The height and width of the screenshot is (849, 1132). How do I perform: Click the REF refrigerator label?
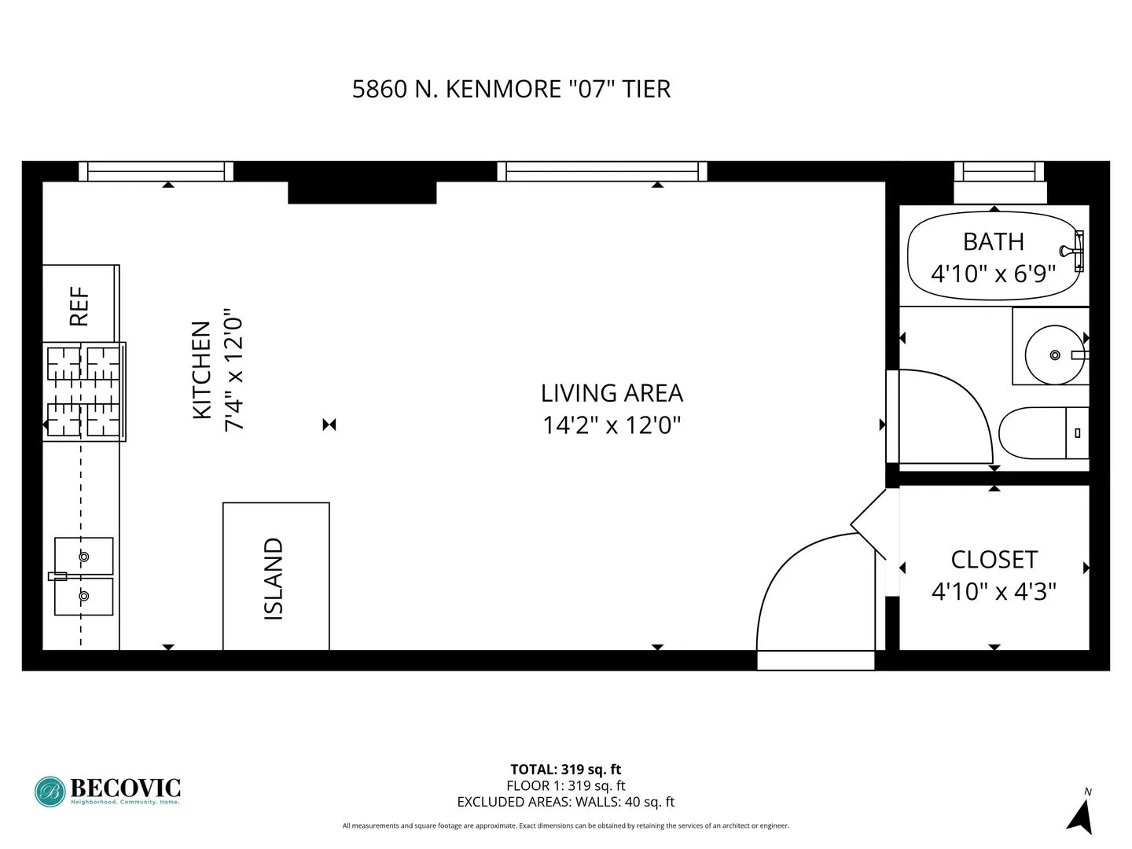79,306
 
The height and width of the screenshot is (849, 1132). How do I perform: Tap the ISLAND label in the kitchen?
274,579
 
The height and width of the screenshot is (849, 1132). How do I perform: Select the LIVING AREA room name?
612,393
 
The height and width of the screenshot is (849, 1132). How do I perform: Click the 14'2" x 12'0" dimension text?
612,425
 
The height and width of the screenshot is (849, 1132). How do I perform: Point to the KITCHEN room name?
202,369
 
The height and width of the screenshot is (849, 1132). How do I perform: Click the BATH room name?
993,241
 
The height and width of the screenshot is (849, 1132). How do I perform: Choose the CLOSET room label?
994,560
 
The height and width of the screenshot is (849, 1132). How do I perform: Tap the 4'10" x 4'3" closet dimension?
994,591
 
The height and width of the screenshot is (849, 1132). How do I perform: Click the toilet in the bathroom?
1038,432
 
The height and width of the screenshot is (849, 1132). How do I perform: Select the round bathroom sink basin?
1054,355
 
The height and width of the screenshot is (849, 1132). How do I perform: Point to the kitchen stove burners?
83,391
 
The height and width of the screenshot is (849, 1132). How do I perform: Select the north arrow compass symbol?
1082,816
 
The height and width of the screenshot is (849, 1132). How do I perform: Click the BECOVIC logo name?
126,788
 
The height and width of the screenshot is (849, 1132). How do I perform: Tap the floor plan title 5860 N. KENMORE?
511,89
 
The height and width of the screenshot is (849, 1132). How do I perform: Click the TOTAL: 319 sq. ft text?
566,770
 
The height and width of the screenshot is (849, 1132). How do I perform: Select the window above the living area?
602,171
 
